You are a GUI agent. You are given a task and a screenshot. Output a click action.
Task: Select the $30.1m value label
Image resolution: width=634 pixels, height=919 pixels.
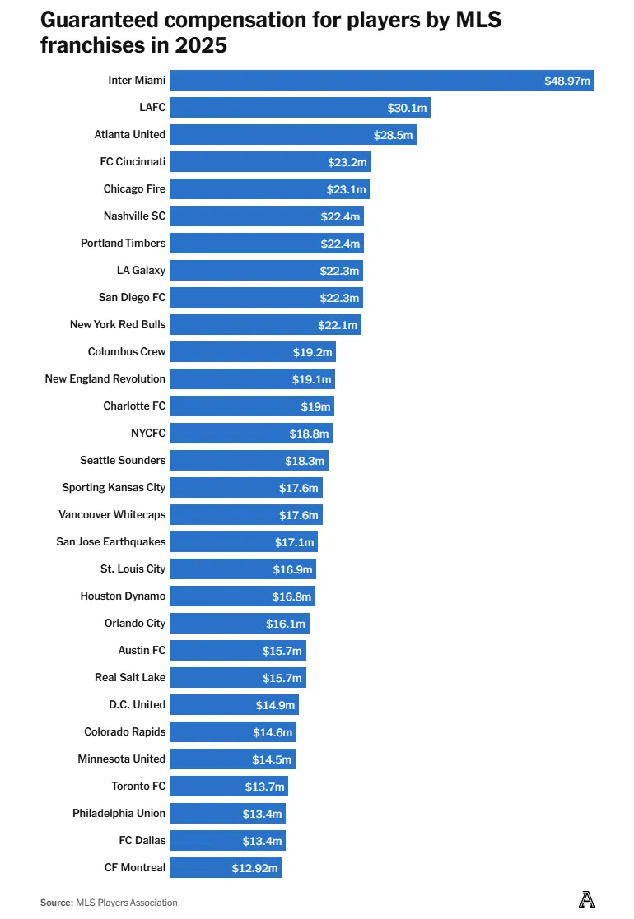[407, 108]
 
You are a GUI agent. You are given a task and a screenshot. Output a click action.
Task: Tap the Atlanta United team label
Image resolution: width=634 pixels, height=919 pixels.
[130, 135]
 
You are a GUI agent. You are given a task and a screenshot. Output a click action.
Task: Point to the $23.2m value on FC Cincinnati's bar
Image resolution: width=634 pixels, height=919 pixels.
[347, 162]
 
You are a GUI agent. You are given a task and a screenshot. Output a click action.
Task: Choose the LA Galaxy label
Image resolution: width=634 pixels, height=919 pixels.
[141, 271]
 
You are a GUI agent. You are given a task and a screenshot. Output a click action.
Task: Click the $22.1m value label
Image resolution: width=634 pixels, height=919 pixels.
[338, 325]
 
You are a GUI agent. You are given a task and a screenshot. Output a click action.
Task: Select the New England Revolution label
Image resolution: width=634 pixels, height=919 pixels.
[105, 379]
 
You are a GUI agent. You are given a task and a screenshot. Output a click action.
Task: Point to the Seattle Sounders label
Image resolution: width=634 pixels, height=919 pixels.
[123, 461]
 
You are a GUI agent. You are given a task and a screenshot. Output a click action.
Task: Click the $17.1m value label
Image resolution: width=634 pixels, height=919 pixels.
[294, 542]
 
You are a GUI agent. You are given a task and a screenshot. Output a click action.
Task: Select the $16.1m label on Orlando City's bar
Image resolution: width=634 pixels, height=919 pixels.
[286, 624]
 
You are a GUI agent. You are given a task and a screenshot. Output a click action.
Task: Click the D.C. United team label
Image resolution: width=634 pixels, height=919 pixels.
[137, 705]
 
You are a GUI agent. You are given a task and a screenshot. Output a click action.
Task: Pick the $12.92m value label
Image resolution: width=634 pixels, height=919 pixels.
[255, 868]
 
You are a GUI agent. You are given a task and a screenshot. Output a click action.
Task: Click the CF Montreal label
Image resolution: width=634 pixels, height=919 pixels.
[135, 868]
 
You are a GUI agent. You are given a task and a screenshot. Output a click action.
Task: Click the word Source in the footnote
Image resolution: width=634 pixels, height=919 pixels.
[56, 903]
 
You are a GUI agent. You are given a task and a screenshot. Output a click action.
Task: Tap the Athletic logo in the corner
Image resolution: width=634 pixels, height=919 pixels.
[586, 900]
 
